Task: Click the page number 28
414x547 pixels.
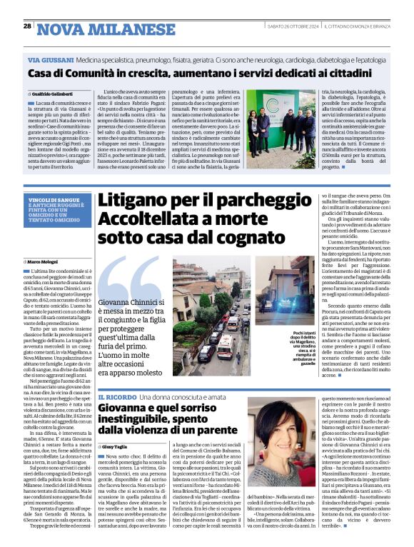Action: [x=27, y=27]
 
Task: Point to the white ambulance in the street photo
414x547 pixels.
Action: [x=228, y=342]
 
